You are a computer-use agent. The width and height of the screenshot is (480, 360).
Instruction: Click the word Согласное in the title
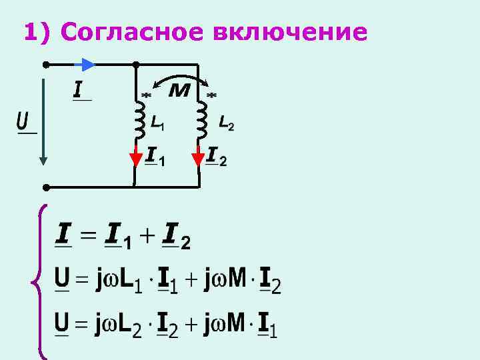(129, 32)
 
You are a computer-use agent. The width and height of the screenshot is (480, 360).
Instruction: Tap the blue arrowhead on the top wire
(89, 65)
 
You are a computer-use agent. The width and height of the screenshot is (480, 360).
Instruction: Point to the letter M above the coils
(179, 89)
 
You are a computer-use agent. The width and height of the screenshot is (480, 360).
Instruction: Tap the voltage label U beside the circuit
(23, 121)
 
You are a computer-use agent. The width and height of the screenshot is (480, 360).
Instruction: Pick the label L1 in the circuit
(157, 123)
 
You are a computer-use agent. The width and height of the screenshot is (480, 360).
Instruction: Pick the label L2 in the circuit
(226, 123)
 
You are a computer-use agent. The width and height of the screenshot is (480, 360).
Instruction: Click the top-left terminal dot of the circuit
(45, 65)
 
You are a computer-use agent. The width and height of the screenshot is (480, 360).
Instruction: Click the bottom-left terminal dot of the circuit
(45, 187)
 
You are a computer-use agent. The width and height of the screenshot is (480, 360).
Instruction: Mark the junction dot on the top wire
(135, 65)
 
